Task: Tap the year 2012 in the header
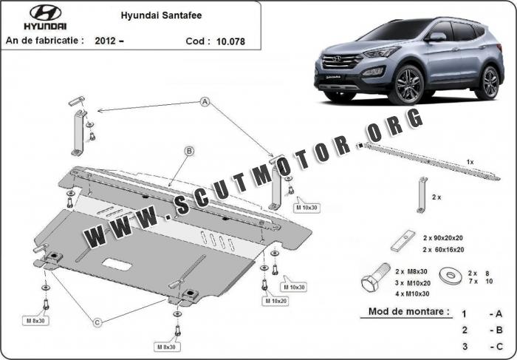tap(105, 43)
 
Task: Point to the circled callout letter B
tap(189, 152)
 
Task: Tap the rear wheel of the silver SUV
tap(487, 82)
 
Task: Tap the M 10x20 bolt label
tap(274, 301)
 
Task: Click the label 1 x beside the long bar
tap(470, 160)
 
